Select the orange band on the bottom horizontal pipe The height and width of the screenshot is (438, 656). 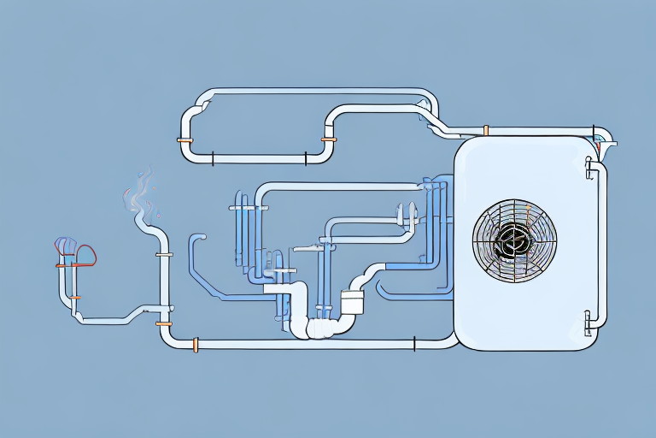(196, 344)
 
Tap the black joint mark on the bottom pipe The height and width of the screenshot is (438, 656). (414, 344)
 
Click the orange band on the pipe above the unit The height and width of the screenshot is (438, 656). (485, 131)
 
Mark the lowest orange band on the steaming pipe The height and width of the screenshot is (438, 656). (164, 324)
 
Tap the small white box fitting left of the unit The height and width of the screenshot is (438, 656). (352, 301)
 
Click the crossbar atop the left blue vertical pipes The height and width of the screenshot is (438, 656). (249, 207)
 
